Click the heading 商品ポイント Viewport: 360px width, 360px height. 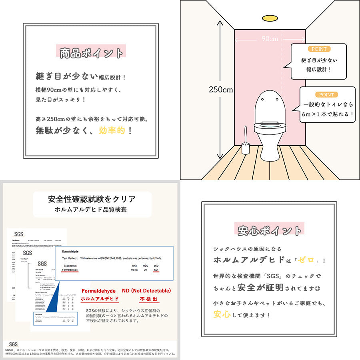click(x=92, y=53)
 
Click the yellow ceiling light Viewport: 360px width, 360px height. click(x=270, y=18)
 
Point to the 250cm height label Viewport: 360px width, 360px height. click(x=220, y=90)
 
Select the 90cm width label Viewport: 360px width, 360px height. click(x=270, y=39)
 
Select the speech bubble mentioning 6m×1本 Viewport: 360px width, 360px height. click(x=327, y=106)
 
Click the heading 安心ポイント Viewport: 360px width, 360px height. click(x=270, y=231)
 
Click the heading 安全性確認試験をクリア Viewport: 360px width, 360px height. click(x=92, y=199)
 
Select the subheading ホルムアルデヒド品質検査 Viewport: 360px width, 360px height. click(x=92, y=209)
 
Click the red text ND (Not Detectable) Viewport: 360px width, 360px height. click(x=146, y=291)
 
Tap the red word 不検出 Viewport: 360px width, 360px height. click(x=148, y=299)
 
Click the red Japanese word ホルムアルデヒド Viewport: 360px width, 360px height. click(x=100, y=299)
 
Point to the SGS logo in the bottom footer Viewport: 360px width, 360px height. click(x=13, y=344)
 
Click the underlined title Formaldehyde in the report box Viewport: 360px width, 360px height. click(x=71, y=251)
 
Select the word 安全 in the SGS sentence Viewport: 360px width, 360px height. click(x=246, y=287)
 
